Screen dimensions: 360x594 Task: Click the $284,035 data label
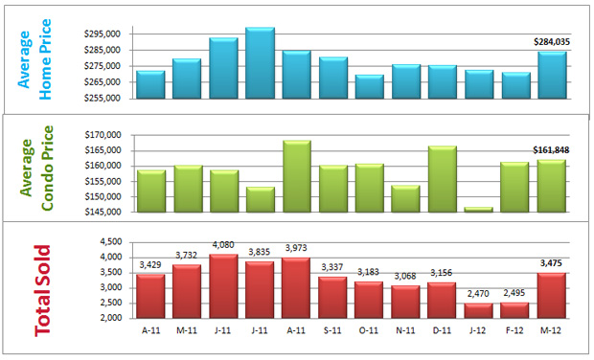pyautogui.click(x=551, y=41)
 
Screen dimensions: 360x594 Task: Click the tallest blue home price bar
pyautogui.click(x=260, y=62)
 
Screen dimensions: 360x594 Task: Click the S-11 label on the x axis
pyautogui.click(x=332, y=331)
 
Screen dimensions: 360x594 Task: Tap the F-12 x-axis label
pyautogui.click(x=515, y=331)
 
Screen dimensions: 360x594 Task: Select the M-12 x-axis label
pyautogui.click(x=552, y=331)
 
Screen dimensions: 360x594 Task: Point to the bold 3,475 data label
pyautogui.click(x=552, y=262)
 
